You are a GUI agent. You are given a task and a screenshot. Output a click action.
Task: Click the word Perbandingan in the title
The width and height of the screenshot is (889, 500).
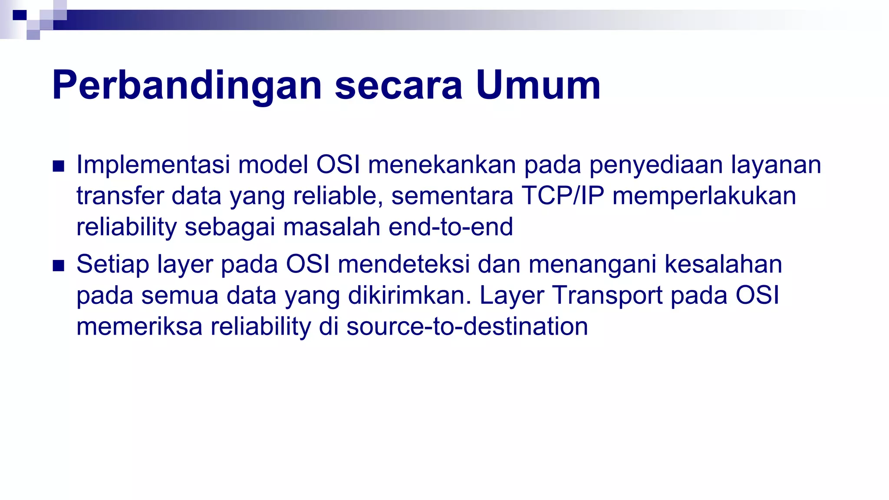[x=187, y=86]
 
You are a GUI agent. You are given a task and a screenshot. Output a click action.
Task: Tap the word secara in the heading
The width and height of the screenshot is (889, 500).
[x=398, y=86]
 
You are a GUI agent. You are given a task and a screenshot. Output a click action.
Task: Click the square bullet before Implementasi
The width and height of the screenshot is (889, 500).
[x=58, y=166]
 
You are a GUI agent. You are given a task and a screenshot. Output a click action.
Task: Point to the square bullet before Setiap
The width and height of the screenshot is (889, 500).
[x=58, y=266]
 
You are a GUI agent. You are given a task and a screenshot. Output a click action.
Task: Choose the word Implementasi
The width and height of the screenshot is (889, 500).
[x=153, y=165]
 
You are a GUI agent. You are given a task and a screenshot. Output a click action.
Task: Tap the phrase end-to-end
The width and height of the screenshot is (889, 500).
[x=451, y=227]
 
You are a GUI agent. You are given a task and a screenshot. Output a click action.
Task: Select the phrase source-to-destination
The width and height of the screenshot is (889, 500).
[x=467, y=326]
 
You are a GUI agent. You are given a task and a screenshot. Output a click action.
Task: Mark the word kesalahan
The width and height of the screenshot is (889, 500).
[x=723, y=264]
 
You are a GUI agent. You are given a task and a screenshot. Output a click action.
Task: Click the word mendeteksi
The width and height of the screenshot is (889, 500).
[x=404, y=264]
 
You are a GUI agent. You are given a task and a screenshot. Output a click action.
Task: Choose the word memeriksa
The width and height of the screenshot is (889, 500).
[x=139, y=326]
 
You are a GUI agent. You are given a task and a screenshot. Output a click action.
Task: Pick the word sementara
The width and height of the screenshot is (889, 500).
[x=452, y=196]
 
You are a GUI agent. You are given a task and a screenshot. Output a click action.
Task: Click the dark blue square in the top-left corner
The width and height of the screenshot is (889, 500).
[x=20, y=16]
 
